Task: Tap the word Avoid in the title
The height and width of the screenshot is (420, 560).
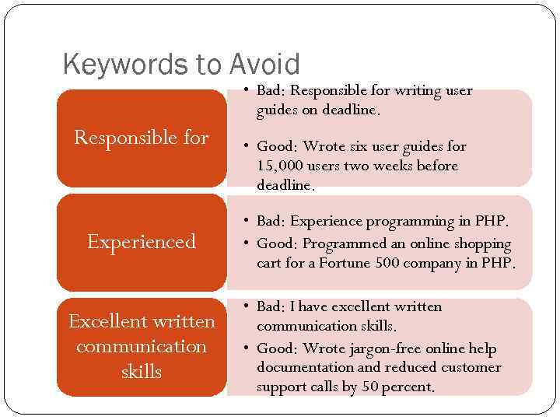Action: pos(264,64)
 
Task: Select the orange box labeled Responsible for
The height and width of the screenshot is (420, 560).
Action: pos(141,138)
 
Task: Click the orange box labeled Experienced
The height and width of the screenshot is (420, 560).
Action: pos(141,242)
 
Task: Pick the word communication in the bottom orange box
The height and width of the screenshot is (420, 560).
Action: pos(141,346)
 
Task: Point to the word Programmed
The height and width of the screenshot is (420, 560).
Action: pos(339,244)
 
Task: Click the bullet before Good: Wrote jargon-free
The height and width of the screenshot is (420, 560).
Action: pos(245,348)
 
